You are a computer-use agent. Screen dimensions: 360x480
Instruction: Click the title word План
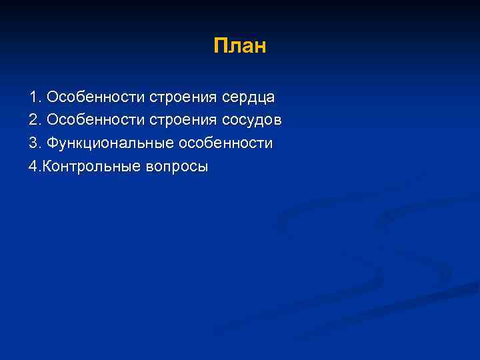coord(240,46)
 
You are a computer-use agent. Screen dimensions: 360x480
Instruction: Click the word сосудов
coord(249,121)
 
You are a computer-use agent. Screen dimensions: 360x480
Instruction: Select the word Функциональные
coord(109,144)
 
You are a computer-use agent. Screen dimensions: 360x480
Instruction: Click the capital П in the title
coord(220,46)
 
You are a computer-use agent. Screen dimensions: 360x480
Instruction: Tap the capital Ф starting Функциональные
coord(53,143)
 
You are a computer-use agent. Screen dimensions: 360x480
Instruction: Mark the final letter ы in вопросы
coord(202,167)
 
